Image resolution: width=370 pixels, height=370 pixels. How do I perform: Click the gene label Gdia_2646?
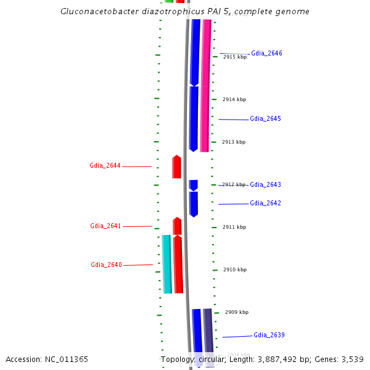266,54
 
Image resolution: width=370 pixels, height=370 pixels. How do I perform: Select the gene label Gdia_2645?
265,119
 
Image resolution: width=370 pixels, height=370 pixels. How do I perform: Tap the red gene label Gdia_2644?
105,166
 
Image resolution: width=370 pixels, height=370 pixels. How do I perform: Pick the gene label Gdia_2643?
265,185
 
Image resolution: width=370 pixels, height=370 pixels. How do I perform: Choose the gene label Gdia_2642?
265,203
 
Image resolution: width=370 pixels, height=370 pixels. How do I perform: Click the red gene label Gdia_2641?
105,226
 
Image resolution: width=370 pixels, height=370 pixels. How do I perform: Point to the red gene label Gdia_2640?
106,265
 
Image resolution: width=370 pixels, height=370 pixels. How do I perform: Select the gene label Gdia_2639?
269,335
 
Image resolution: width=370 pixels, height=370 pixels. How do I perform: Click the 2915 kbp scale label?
234,57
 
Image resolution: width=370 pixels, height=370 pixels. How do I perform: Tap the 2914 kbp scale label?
234,99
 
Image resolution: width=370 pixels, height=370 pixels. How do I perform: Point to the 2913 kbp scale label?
234,142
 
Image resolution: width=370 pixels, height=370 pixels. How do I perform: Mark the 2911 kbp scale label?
234,227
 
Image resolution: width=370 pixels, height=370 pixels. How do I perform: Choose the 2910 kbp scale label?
235,269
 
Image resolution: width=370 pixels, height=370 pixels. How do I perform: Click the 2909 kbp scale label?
237,312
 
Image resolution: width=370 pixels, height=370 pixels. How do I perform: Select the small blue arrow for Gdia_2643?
193,185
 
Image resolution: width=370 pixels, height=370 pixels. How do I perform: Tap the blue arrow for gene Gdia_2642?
194,203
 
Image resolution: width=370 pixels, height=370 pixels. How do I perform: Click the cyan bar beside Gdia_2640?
166,264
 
